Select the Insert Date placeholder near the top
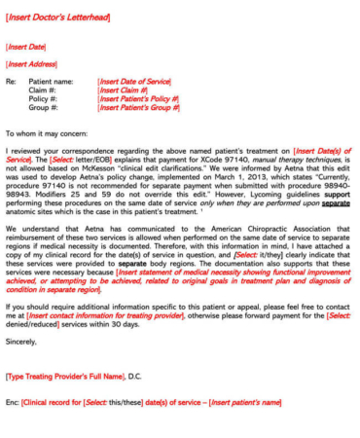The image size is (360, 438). point(26,46)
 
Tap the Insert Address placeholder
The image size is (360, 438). point(31,63)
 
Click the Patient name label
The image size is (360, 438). point(51,82)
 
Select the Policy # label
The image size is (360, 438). point(43,99)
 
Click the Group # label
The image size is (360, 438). point(43,108)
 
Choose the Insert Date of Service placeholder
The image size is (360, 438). point(134,82)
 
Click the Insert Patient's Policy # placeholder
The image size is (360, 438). point(138,99)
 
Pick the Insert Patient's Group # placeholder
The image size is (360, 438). point(139,108)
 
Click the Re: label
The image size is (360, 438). point(12,82)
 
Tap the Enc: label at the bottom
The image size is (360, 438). point(12,402)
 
